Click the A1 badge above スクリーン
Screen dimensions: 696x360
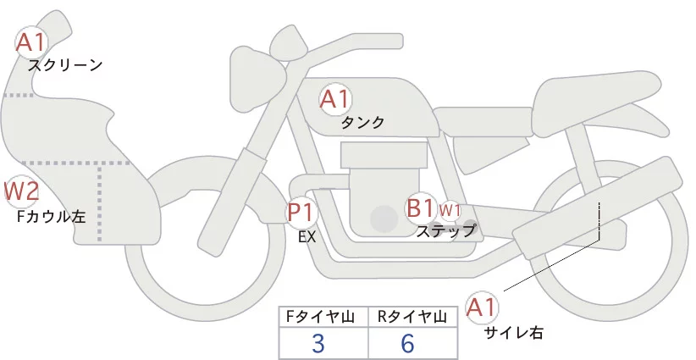click(32, 42)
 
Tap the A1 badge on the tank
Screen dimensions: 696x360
click(334, 100)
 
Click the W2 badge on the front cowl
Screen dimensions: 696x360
click(21, 192)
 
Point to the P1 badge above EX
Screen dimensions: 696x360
click(301, 212)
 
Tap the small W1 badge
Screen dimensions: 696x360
click(450, 209)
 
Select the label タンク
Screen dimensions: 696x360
click(362, 123)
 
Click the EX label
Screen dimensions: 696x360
click(307, 237)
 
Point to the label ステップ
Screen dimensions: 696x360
click(446, 230)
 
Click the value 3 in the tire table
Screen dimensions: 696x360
click(318, 343)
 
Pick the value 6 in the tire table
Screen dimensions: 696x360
click(409, 343)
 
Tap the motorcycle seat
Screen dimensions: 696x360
click(593, 93)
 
